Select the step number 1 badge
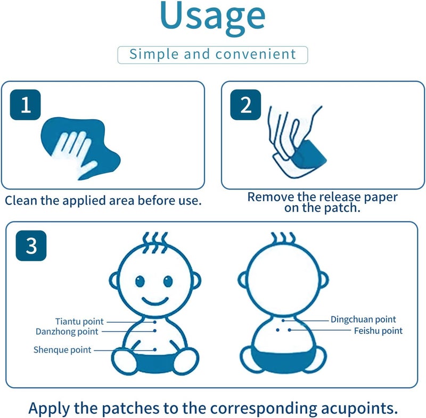coord(25,104)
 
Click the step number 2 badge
coord(245,104)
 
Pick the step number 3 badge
coord(31,245)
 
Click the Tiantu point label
coord(79,322)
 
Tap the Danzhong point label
coord(67,332)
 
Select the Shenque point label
coord(62,350)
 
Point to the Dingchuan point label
coord(363,319)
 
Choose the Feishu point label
coord(378,331)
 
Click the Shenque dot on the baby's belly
coord(155,349)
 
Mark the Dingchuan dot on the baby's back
coord(283,321)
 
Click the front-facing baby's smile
coord(155,301)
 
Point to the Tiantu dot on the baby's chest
coord(155,322)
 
